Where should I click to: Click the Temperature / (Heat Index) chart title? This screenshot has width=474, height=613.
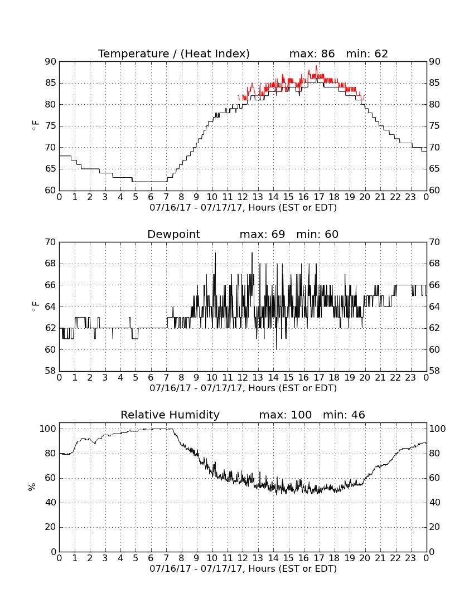pos(173,53)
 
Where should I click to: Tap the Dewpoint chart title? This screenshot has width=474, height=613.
pos(173,234)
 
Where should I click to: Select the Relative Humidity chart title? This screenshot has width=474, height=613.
pos(170,415)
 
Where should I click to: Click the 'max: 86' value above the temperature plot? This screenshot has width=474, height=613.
pos(312,53)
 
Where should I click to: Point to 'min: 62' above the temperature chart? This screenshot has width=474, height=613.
pos(367,53)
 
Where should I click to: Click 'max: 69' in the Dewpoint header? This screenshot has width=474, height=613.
pos(263,234)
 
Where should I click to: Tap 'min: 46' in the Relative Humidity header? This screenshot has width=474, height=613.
pos(344,415)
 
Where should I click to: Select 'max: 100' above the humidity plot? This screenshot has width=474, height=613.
pos(286,415)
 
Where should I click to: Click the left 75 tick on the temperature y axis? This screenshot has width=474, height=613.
pos(51,126)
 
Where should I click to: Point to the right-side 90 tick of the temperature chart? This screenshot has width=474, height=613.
pos(435,61)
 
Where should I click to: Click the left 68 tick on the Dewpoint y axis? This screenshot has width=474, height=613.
pos(51,264)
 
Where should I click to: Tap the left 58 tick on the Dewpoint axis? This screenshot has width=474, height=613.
pos(51,371)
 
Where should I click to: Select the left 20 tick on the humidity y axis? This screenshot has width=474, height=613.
pos(51,527)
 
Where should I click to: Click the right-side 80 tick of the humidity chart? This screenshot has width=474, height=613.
pos(435,454)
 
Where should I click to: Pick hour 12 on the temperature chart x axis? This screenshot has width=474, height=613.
pos(243,197)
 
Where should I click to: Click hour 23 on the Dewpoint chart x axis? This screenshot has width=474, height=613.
pos(410,378)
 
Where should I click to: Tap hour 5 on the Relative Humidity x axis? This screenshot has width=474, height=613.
pos(136,558)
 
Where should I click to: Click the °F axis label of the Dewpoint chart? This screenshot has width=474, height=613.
pos(35,306)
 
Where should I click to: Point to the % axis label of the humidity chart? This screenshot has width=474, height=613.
pos(32,486)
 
